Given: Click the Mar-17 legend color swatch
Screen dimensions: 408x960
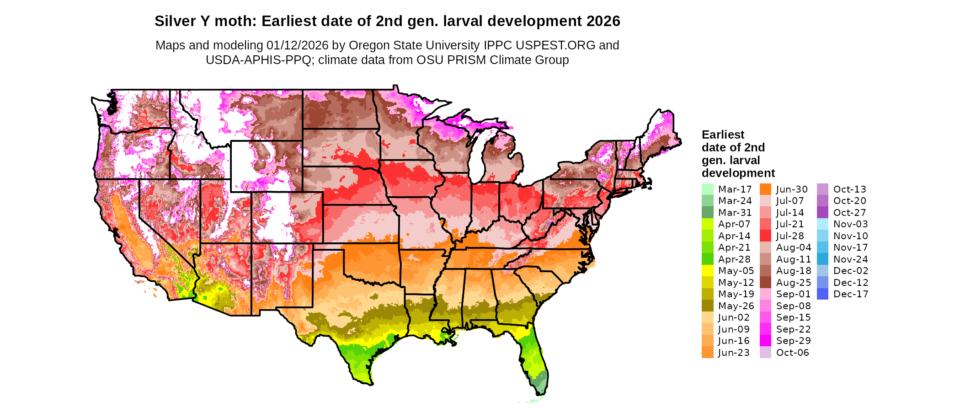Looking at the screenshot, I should click(707, 189).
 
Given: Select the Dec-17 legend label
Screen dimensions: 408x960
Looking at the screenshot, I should click(850, 294).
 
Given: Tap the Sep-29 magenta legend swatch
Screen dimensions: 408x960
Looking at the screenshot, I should click(765, 341).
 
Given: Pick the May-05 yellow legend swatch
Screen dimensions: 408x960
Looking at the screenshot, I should click(707, 271).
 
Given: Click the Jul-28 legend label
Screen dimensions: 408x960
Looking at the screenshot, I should click(790, 236).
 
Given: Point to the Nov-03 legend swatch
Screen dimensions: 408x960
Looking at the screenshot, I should click(822, 224).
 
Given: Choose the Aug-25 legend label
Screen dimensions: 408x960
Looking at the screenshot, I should click(794, 283).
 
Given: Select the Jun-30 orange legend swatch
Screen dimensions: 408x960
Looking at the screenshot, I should click(765, 189).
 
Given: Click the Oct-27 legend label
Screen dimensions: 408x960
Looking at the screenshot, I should click(850, 213).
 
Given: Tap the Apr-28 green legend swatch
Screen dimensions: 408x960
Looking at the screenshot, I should click(707, 259).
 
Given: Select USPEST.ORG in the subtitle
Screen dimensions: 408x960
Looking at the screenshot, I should click(555, 45).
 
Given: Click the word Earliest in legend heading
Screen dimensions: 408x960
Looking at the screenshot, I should click(723, 134).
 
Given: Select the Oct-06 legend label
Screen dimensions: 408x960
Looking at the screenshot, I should click(792, 353).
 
